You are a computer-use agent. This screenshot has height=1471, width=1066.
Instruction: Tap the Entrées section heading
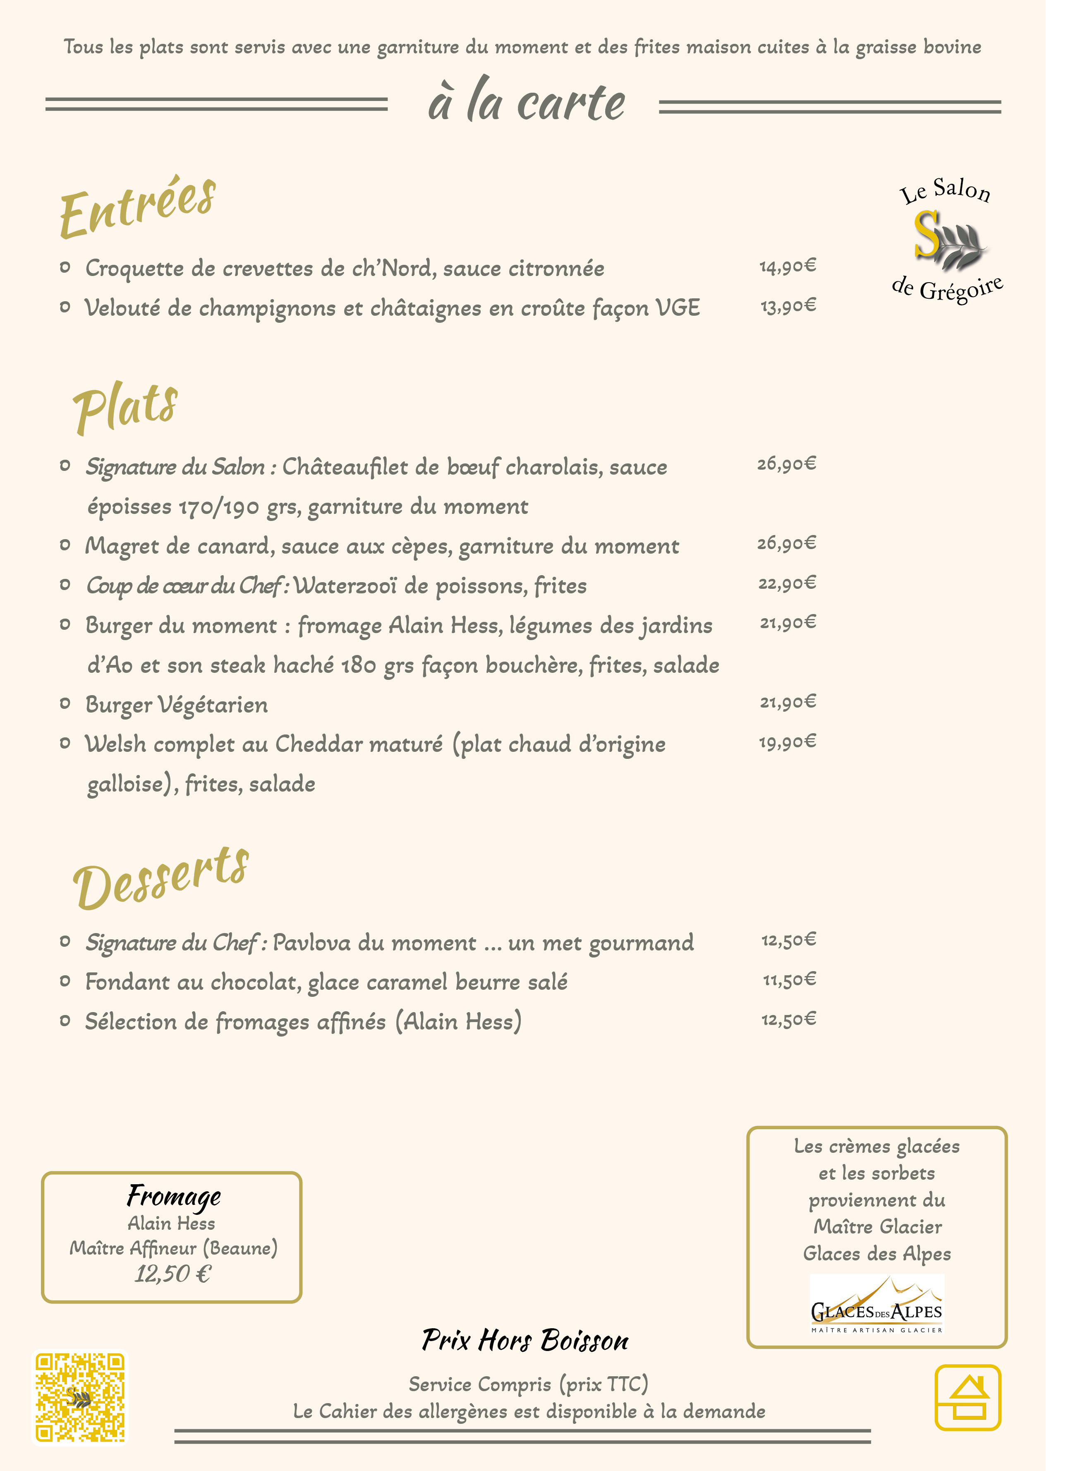[x=137, y=208]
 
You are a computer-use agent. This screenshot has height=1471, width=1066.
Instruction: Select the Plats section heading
[x=125, y=407]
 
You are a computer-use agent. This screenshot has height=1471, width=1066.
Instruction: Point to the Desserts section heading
[x=161, y=879]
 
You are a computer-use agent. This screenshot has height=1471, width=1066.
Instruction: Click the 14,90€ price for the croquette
[x=787, y=266]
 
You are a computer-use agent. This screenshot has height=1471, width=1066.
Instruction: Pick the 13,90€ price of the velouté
[x=787, y=305]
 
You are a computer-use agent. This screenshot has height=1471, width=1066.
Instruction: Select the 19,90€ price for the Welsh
[x=787, y=741]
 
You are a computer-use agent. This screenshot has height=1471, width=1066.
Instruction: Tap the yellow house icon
[x=968, y=1397]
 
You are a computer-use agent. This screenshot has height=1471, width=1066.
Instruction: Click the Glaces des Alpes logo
[x=877, y=1304]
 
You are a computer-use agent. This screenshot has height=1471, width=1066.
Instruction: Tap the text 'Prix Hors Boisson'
[x=525, y=1340]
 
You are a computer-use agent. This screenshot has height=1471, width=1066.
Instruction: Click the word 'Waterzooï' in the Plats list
[x=345, y=586]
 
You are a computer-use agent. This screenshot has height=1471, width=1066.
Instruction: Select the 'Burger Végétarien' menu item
[x=176, y=704]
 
